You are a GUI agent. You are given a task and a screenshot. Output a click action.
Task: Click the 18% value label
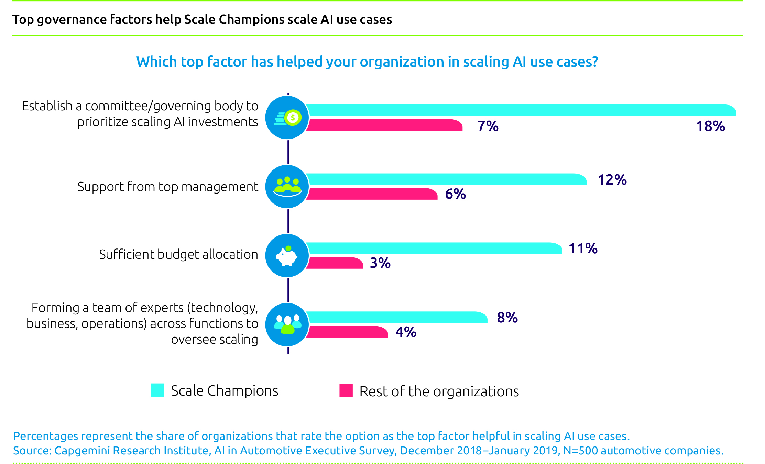[x=710, y=126]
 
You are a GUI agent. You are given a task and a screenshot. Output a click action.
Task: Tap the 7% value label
[x=488, y=126]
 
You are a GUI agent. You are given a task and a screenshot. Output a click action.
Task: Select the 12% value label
[x=612, y=180]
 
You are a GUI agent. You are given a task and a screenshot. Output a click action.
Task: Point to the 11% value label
[x=583, y=248]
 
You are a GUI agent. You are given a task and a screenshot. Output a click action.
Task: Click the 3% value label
[x=380, y=263]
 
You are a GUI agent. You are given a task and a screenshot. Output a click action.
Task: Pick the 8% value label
[x=507, y=318]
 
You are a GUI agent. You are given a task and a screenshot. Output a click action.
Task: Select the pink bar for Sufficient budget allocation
[x=335, y=263]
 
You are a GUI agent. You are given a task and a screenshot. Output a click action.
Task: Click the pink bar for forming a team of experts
[x=347, y=332]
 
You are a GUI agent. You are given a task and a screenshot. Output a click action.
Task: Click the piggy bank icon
[x=287, y=256]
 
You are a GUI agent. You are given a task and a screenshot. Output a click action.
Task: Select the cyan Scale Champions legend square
[x=157, y=390]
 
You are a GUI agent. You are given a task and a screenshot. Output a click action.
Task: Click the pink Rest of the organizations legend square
[x=346, y=390]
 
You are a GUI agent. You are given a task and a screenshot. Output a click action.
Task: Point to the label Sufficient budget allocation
[x=178, y=254]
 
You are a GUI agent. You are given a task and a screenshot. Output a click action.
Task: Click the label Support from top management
[x=167, y=187]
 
